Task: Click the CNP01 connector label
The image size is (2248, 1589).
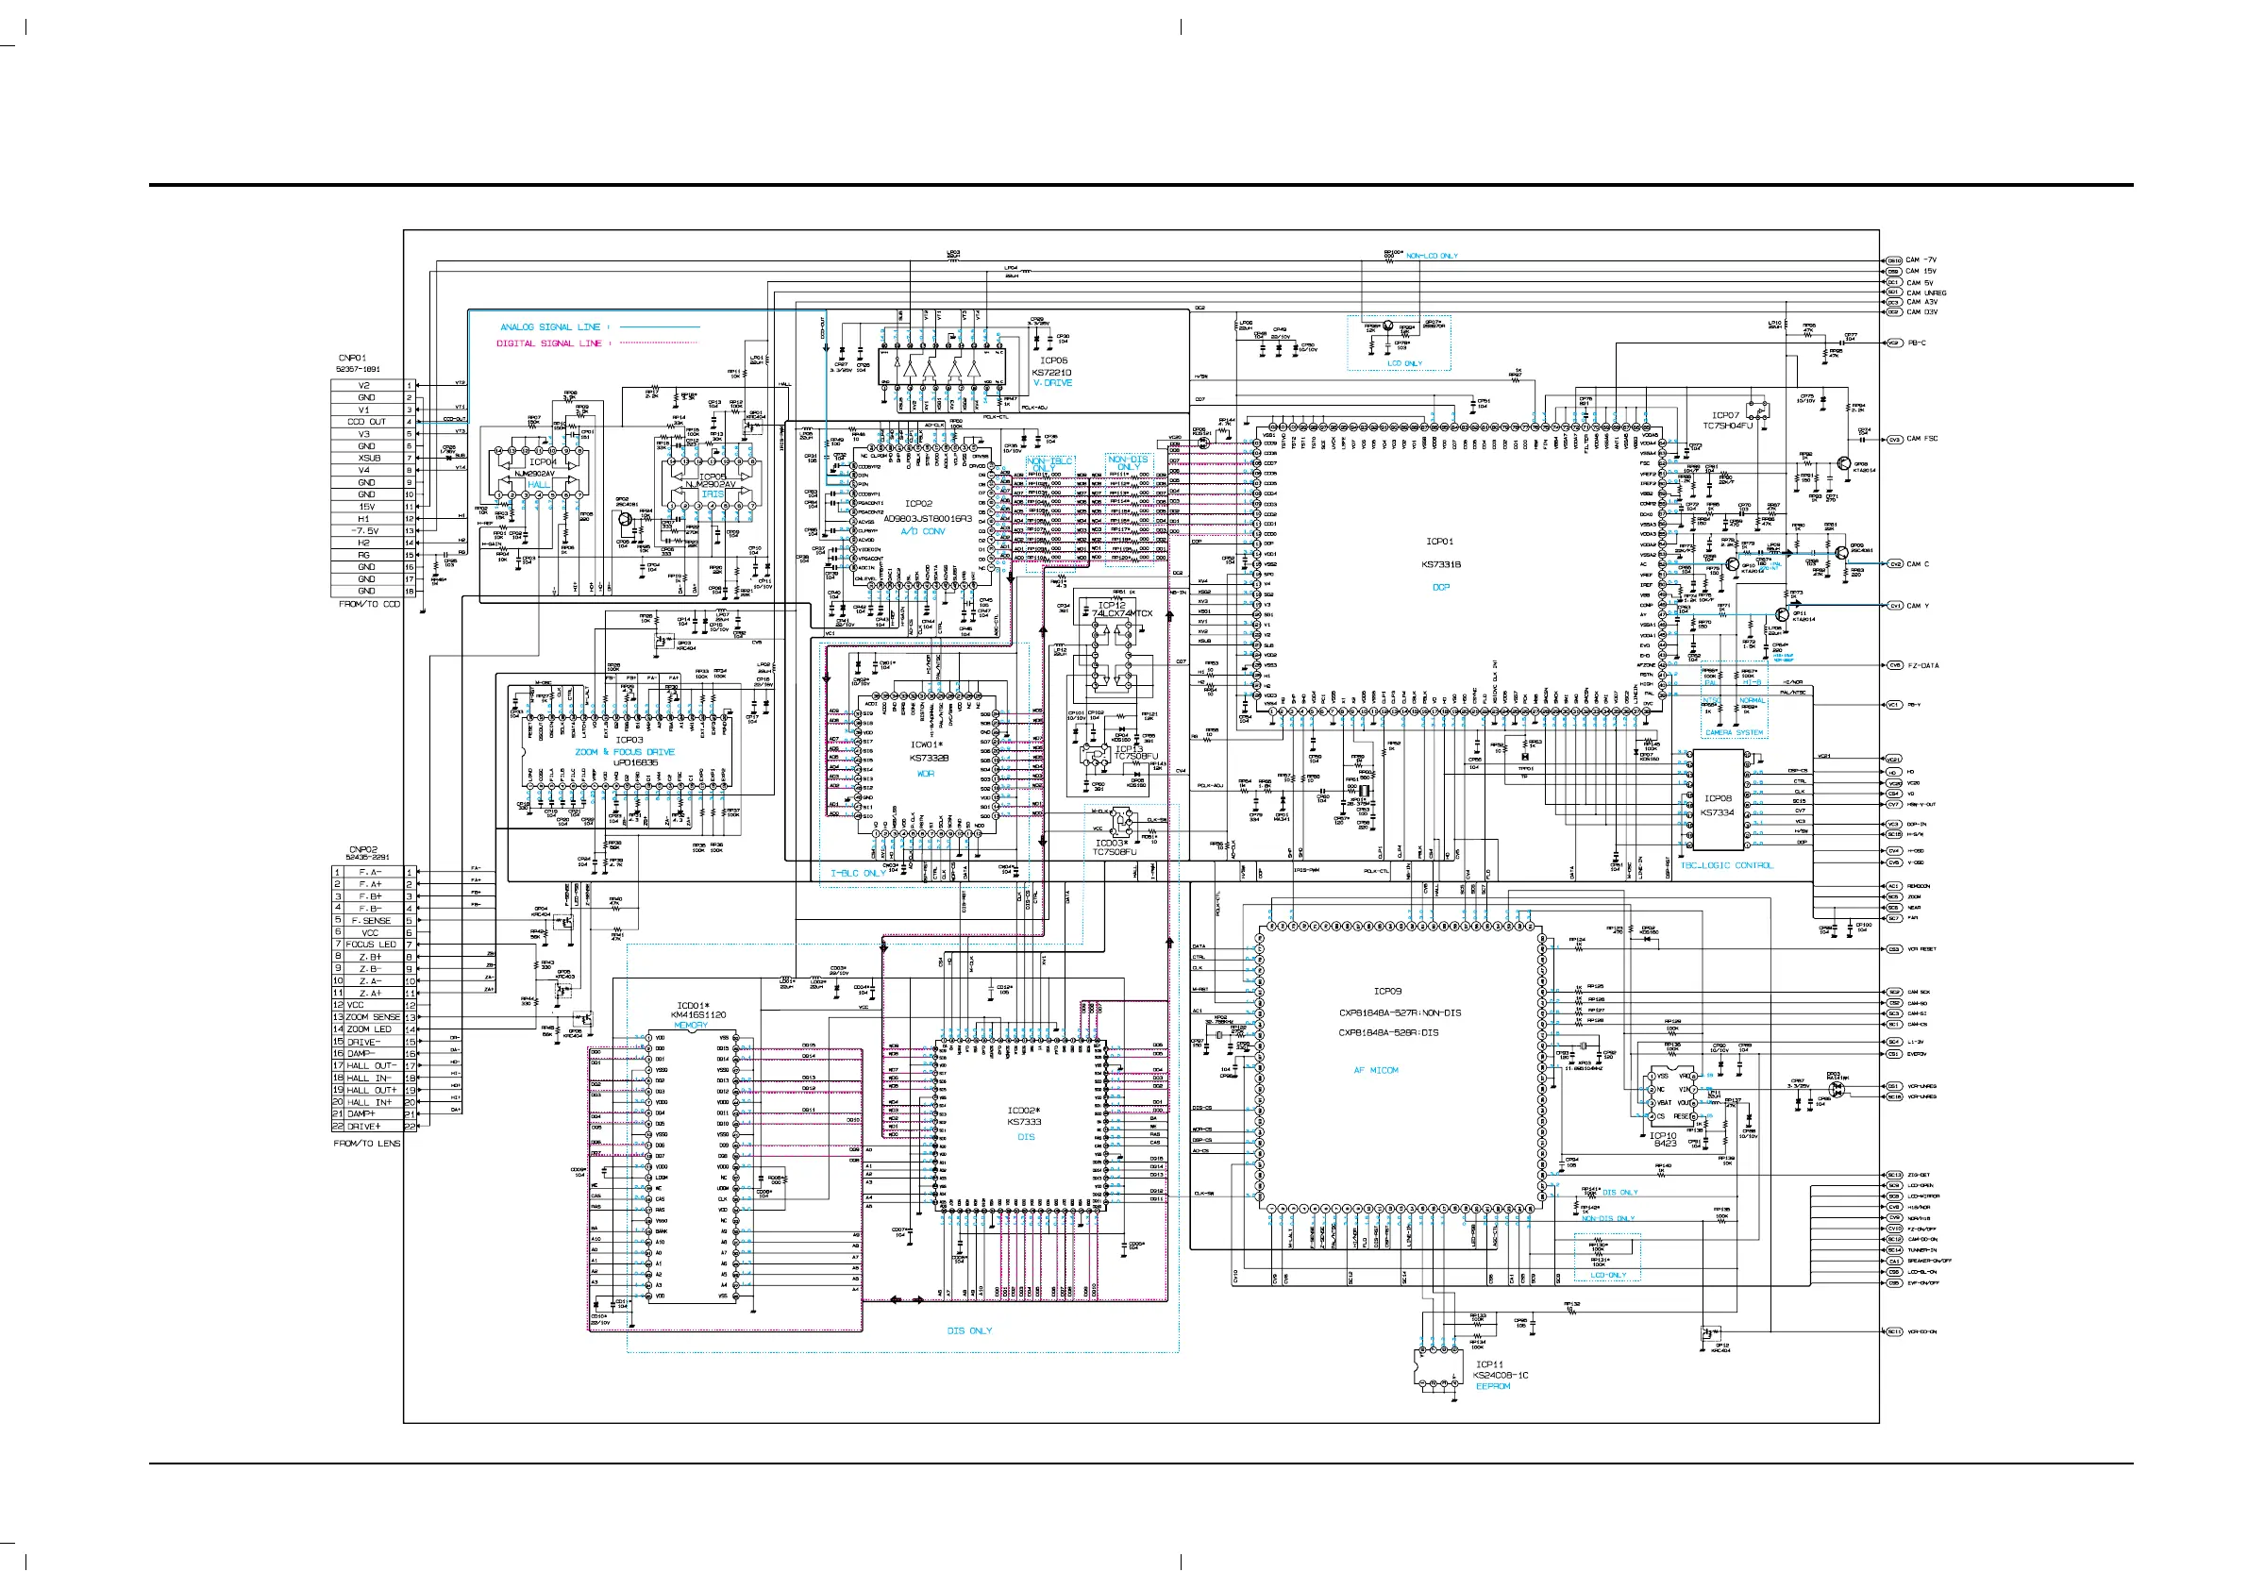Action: (352, 359)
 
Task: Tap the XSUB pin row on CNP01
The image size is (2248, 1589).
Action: (369, 459)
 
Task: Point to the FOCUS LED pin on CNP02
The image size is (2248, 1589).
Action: (371, 945)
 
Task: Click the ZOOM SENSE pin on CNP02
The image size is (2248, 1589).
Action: (372, 1017)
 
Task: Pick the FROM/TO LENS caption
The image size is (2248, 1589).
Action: (366, 1144)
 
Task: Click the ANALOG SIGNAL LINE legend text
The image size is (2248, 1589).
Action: (549, 327)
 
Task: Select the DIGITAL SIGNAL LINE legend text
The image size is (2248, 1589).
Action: (548, 343)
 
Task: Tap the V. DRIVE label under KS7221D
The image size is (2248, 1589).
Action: (1052, 383)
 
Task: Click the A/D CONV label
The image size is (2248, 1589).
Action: (922, 531)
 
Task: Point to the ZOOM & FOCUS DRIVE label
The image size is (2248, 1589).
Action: (625, 752)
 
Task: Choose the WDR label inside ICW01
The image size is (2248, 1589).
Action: (925, 774)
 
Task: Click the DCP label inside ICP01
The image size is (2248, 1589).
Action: (1440, 588)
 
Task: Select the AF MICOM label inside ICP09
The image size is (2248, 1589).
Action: (1376, 1070)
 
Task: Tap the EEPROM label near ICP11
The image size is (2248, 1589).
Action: (1492, 1386)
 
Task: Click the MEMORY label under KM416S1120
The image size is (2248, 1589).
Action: (690, 1025)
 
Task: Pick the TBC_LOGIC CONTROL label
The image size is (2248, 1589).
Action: (1725, 865)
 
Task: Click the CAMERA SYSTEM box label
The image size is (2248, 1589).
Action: (1734, 732)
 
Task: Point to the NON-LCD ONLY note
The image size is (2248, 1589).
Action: (1432, 257)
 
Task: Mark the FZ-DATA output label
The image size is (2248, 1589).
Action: (1923, 666)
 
